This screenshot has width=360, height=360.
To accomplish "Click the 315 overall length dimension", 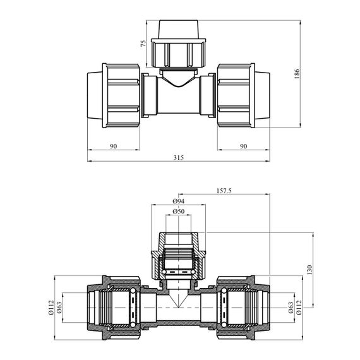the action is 178,158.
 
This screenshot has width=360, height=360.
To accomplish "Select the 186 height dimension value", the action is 297,74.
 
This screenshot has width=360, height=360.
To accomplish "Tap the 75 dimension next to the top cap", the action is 143,44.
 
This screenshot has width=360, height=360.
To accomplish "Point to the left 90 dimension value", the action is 113,147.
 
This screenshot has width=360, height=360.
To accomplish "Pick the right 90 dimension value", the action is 243,147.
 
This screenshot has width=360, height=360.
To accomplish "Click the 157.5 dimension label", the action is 224,191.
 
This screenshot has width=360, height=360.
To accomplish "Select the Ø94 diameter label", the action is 178,201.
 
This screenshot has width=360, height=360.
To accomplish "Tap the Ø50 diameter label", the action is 178,211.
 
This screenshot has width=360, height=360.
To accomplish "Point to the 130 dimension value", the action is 309,270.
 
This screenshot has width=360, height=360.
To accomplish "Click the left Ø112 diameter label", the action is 51,308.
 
